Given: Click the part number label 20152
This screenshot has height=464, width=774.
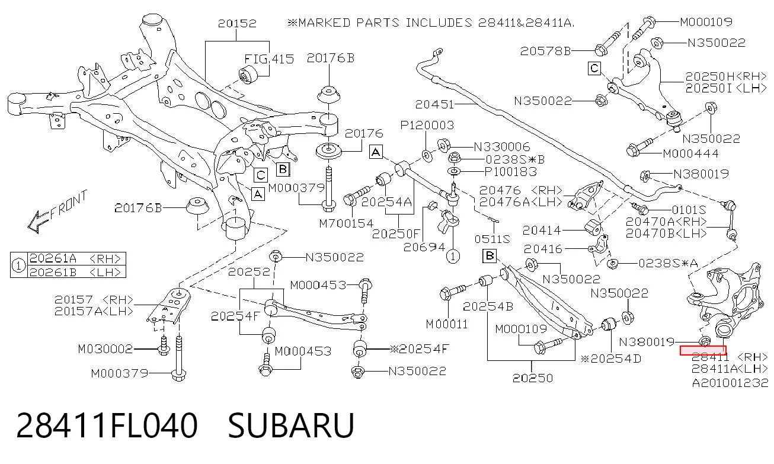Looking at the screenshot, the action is pyautogui.click(x=237, y=23).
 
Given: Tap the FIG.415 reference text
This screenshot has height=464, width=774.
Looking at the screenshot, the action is pyautogui.click(x=269, y=59).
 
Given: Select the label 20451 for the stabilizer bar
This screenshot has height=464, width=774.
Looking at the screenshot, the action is pyautogui.click(x=434, y=104).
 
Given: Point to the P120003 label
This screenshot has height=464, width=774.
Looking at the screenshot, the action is pyautogui.click(x=427, y=124).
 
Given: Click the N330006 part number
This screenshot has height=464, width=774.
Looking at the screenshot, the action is pyautogui.click(x=502, y=147).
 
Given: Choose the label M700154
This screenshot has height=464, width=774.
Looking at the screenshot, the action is pyautogui.click(x=346, y=223).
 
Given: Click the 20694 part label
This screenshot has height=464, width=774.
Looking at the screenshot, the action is pyautogui.click(x=424, y=247).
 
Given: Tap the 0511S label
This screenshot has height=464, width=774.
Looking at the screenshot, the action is pyautogui.click(x=492, y=239).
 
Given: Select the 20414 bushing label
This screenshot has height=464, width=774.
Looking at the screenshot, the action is pyautogui.click(x=542, y=230).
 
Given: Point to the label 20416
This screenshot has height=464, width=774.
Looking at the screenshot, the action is pyautogui.click(x=543, y=249).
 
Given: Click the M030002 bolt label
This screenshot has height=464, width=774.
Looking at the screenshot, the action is pyautogui.click(x=105, y=349).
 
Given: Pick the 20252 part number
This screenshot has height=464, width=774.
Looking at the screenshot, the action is pyautogui.click(x=249, y=271).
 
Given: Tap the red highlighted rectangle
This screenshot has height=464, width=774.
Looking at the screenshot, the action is pyautogui.click(x=703, y=351).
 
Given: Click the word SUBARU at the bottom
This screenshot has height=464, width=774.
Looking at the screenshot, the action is pyautogui.click(x=291, y=425).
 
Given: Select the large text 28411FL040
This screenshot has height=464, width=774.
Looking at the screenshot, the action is pyautogui.click(x=107, y=425).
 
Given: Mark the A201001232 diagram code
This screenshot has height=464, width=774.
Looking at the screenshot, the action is pyautogui.click(x=730, y=383).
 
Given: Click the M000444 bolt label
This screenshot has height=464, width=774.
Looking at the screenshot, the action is pyautogui.click(x=690, y=153).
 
